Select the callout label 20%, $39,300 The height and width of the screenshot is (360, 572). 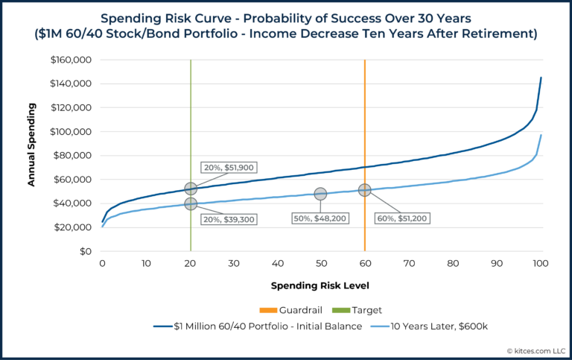coord(230,219)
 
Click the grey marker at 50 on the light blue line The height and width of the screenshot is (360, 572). coord(320,194)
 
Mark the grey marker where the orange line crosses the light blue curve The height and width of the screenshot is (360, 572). coord(364,190)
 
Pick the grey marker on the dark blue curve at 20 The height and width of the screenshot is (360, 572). coord(191,189)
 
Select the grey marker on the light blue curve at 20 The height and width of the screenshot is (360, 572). coord(191,203)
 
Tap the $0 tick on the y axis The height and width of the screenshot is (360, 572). coord(84,251)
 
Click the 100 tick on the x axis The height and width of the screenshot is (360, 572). coord(541,264)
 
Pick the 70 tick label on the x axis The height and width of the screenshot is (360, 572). coord(409,264)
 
